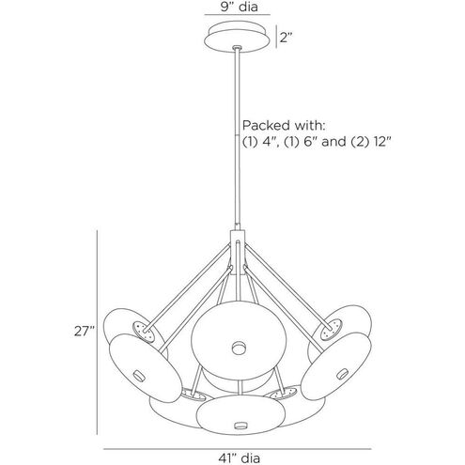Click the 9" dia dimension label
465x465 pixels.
(240, 7)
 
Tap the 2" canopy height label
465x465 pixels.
(286, 38)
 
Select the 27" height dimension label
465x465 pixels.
(85, 331)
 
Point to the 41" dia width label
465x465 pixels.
(239, 458)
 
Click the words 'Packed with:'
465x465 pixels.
(285, 126)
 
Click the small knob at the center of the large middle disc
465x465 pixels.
(240, 348)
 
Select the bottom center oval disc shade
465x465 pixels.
(240, 414)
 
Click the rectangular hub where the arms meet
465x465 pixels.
(238, 253)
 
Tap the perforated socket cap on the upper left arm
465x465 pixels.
(145, 332)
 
